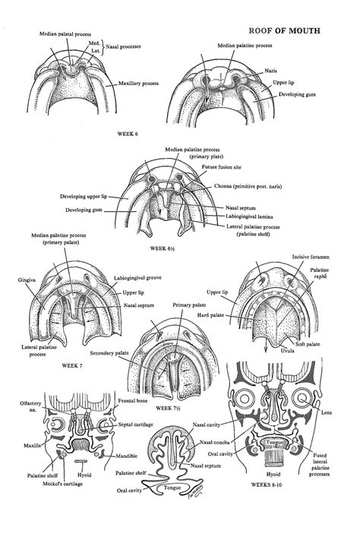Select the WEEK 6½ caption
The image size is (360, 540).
pos(165,248)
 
